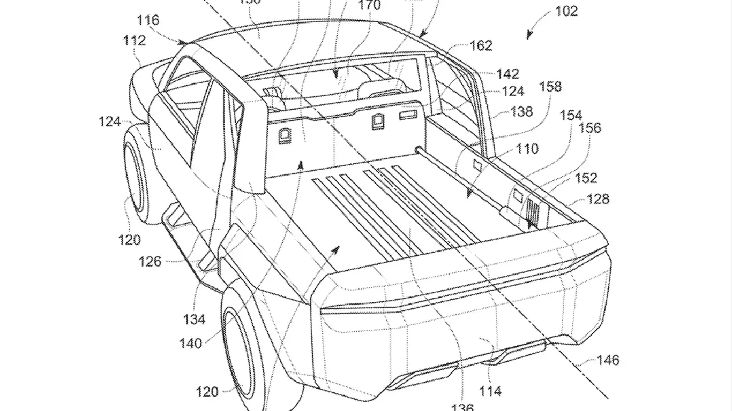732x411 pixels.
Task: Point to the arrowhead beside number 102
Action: point(530,35)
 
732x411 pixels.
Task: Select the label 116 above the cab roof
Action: point(148,20)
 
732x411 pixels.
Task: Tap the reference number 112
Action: point(133,40)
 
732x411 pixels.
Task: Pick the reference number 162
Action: point(481,46)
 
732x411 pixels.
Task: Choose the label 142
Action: point(507,74)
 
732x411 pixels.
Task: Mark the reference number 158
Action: point(550,86)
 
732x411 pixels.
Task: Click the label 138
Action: point(521,111)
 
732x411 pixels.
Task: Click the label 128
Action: point(597,199)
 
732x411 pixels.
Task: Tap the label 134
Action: point(194,319)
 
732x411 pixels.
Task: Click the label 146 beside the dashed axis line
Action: point(607,360)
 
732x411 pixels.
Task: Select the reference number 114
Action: point(490,391)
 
